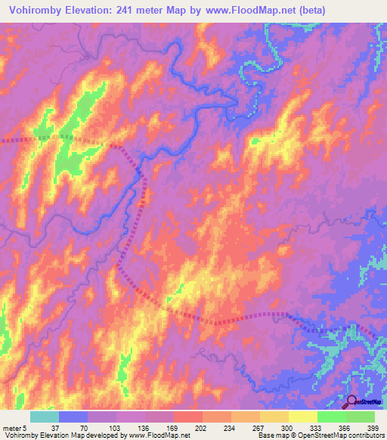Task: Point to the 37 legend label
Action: [48, 428]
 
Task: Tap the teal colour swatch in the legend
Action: [45, 417]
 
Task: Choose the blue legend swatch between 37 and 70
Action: [73, 417]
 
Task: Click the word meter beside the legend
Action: [11, 428]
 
